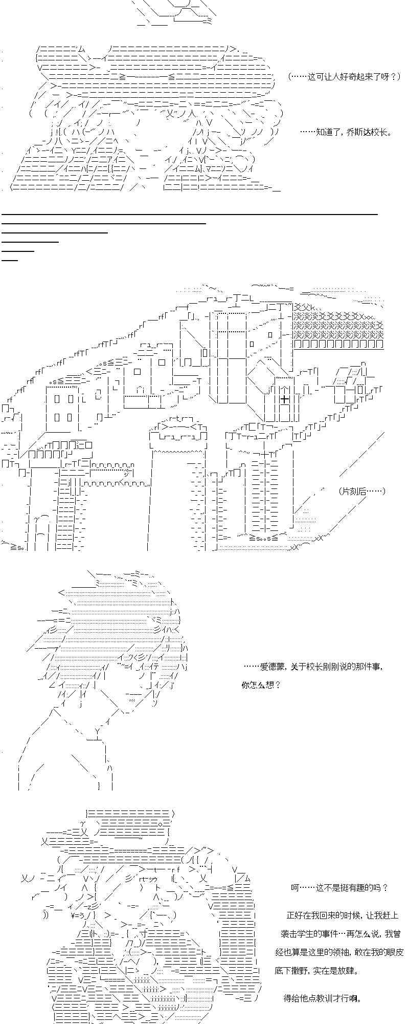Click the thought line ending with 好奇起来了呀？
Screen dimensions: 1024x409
[344, 77]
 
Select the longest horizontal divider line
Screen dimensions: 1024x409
[189, 214]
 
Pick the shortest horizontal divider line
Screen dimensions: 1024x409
[10, 260]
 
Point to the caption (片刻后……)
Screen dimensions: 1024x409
[361, 491]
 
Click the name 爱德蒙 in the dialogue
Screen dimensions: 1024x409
[272, 666]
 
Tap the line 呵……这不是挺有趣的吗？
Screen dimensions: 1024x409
[339, 887]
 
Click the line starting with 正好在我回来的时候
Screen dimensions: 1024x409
[343, 915]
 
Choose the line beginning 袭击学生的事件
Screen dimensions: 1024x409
[340, 934]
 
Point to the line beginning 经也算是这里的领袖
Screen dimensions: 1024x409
[339, 952]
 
